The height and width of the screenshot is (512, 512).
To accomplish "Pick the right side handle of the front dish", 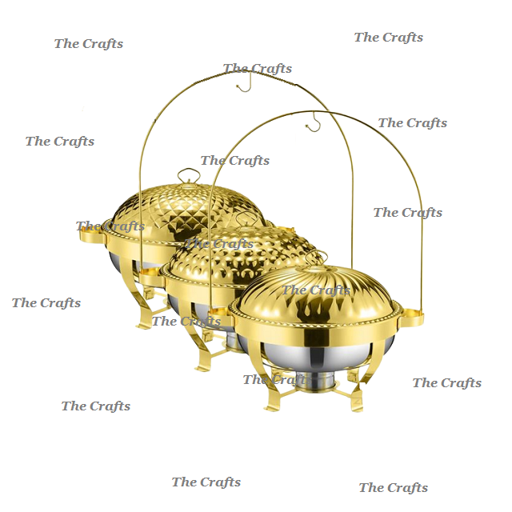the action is [x=410, y=319].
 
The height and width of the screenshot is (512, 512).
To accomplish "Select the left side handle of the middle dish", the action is [x=150, y=274].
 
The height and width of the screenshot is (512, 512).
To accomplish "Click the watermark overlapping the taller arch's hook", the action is [x=258, y=69].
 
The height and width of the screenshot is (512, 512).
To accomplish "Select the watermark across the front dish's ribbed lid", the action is [x=317, y=290].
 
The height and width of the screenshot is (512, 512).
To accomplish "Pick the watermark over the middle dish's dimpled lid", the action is [x=219, y=243].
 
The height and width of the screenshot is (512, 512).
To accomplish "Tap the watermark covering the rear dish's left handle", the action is [x=110, y=226].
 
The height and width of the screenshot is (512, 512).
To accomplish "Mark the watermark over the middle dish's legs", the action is [x=186, y=322].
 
